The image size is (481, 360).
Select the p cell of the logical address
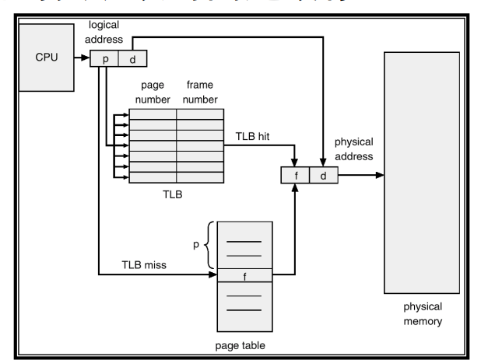click(105, 60)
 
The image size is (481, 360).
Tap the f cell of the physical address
click(295, 176)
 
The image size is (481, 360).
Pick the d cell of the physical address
click(323, 176)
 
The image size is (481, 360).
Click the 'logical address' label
click(103, 33)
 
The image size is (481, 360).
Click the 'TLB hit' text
click(253, 136)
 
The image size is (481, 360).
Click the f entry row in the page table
click(245, 274)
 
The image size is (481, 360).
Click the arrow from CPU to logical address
click(81, 58)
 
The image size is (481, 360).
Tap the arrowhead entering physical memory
click(381, 176)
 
